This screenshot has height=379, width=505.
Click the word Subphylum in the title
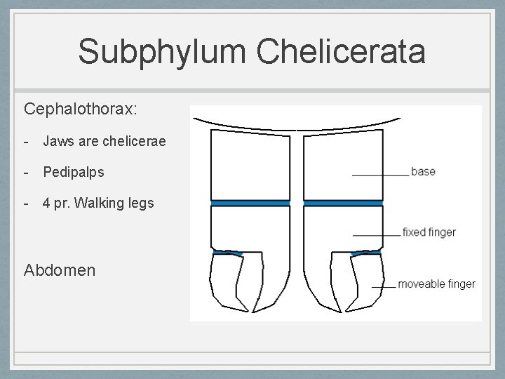162,52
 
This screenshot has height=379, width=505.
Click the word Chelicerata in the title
341,52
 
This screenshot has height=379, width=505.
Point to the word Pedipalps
73,172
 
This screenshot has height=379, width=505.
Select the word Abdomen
60,270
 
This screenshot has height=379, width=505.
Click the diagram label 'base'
423,171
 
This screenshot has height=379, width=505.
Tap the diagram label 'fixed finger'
429,232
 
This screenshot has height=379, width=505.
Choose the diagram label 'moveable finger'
436,284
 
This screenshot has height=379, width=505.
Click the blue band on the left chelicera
250,203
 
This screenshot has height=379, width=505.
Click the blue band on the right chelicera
343,203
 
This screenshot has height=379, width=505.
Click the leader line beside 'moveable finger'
383,287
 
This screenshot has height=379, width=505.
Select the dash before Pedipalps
26,172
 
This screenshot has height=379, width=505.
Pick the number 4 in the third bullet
46,203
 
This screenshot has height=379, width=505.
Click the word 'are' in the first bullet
88,141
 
